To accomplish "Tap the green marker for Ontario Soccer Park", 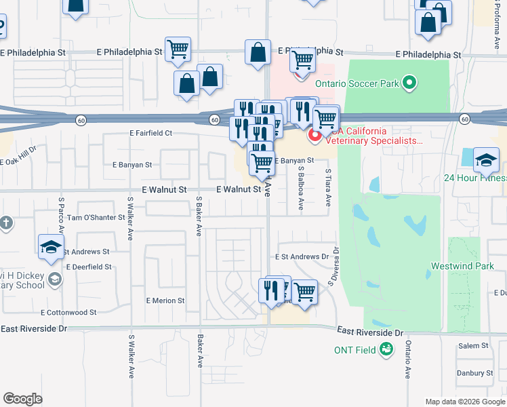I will pyautogui.click(x=409, y=83).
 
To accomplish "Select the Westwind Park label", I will pyautogui.click(x=468, y=266).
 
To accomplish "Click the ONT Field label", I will pyautogui.click(x=355, y=350).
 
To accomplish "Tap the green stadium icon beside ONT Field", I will pyautogui.click(x=386, y=350).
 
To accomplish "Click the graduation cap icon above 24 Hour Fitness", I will pyautogui.click(x=486, y=161).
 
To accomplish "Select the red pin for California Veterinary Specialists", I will pyautogui.click(x=315, y=136).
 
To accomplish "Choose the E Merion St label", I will pyautogui.click(x=165, y=301).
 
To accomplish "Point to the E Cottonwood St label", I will pyautogui.click(x=68, y=313).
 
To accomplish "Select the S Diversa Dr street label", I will pyautogui.click(x=333, y=270).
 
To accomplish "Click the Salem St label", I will pyautogui.click(x=468, y=346).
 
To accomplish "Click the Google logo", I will pyautogui.click(x=22, y=399).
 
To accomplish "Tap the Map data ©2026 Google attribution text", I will pyautogui.click(x=464, y=402).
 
